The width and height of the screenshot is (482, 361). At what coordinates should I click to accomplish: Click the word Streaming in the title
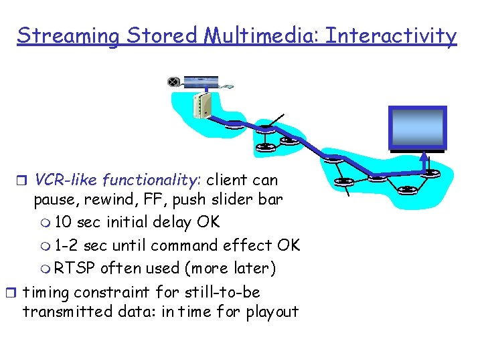tap(67, 36)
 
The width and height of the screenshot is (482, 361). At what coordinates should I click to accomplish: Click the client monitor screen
tap(418, 128)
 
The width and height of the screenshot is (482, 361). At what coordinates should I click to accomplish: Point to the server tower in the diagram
tap(200, 105)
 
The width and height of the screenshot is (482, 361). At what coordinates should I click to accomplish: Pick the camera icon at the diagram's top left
tap(174, 82)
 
